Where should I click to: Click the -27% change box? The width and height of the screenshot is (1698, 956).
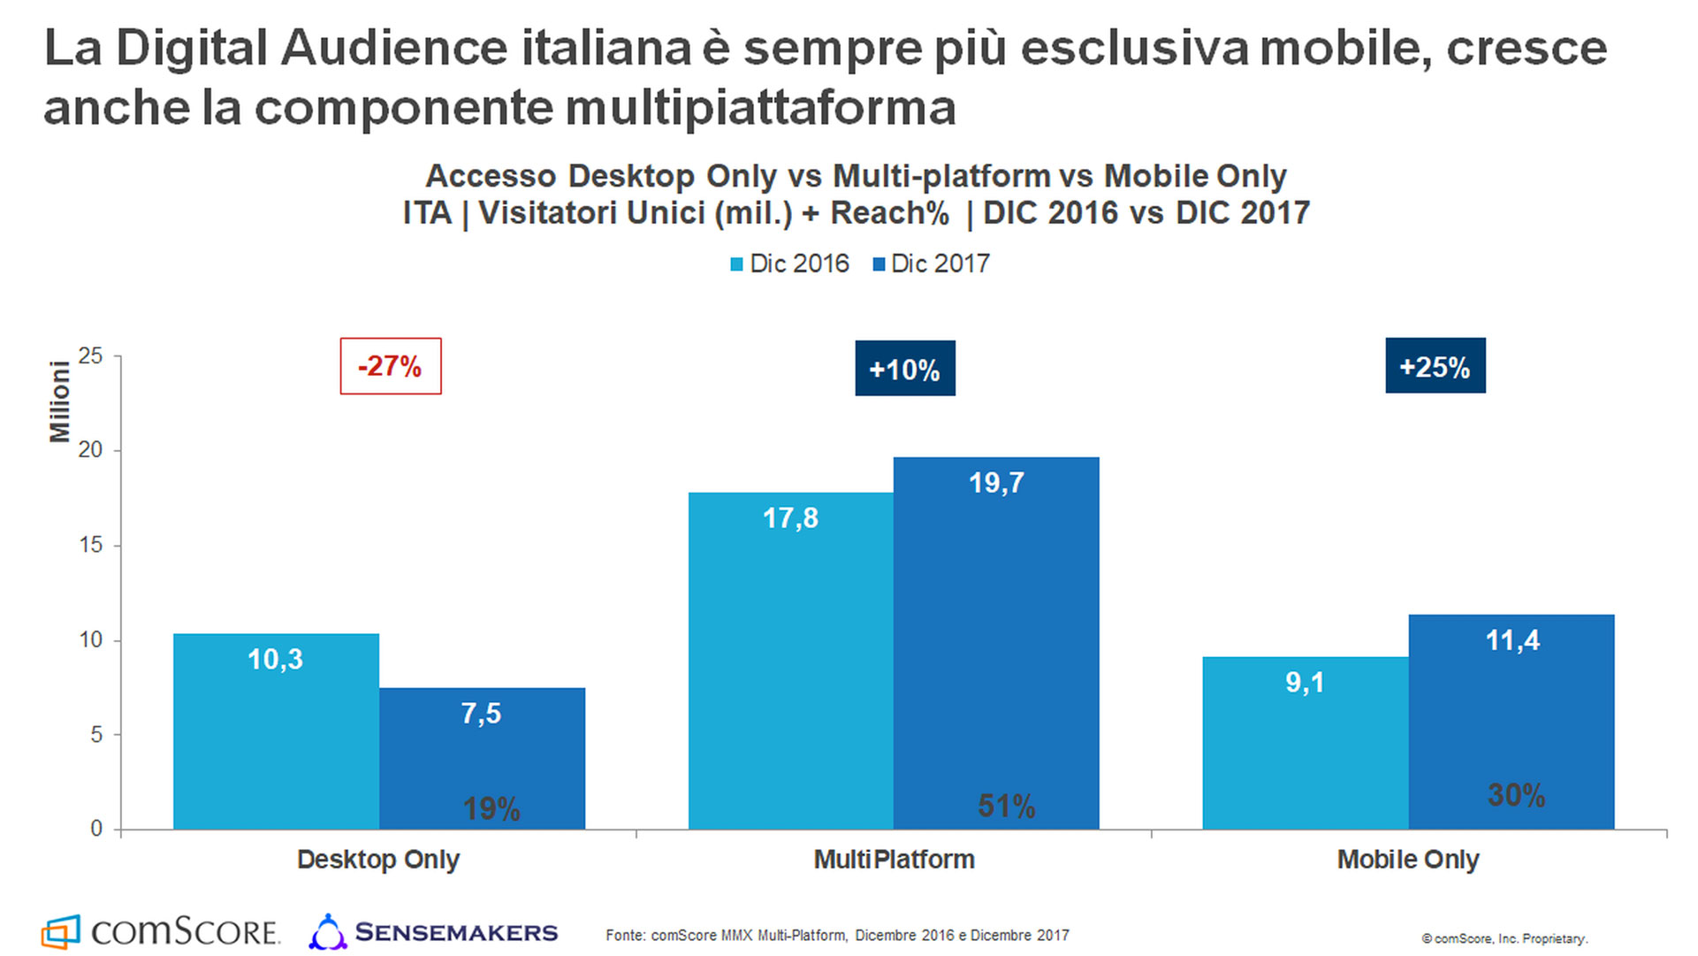[391, 366]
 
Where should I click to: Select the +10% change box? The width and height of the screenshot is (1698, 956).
[904, 369]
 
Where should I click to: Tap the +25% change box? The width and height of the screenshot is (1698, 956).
[1435, 366]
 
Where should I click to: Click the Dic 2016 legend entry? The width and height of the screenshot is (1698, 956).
[789, 264]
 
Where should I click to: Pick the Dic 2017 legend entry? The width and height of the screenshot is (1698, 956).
[931, 264]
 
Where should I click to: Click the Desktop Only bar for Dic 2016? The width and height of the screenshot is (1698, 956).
[276, 731]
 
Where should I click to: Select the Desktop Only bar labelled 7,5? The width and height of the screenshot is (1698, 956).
[482, 758]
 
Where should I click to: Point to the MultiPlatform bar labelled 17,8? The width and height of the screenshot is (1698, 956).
[790, 661]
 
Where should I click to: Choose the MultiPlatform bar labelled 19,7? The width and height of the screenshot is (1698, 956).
[996, 643]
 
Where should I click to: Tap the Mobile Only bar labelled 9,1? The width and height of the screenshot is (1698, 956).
[1305, 743]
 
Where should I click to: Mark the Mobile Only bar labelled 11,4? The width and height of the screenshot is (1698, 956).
[1511, 722]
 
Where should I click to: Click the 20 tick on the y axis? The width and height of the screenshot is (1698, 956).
[90, 450]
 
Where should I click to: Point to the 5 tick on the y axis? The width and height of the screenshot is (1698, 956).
[95, 735]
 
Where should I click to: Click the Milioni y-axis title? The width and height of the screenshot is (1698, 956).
[59, 402]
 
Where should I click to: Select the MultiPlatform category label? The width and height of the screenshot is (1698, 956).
[894, 860]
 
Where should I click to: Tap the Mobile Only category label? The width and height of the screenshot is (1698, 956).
[1407, 860]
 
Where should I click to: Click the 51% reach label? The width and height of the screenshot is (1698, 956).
[1006, 806]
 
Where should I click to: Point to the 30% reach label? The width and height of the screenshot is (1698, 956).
[1516, 795]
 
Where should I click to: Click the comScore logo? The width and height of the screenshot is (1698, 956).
[161, 931]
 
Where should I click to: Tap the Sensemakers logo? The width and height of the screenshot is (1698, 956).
[433, 932]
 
